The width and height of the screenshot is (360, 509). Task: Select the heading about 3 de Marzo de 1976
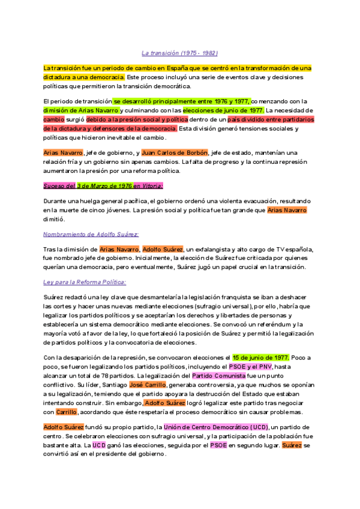[103, 185]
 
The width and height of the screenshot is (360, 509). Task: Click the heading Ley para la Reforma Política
[84, 282]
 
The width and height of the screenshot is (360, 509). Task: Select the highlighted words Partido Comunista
[218, 376]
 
